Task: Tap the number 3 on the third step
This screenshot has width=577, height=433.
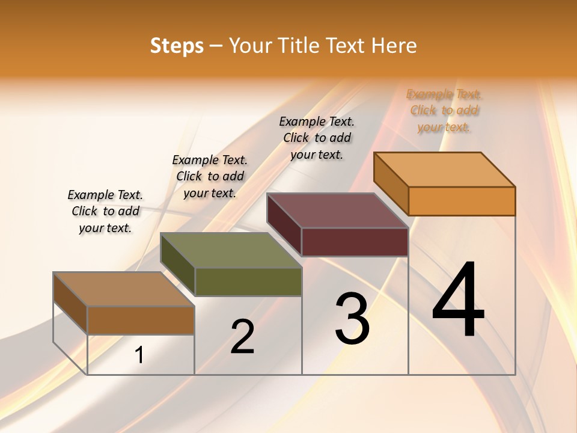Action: click(x=352, y=319)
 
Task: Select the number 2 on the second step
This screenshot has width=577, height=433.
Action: click(x=242, y=337)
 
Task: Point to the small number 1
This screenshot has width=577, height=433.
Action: click(x=139, y=355)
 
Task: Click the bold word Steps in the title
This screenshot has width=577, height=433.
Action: click(x=177, y=46)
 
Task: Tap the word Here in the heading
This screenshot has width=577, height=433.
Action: click(x=394, y=46)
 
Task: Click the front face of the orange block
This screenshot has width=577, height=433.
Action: click(x=462, y=201)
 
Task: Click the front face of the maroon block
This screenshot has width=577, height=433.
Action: click(x=355, y=242)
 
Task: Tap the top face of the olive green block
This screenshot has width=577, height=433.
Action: click(x=231, y=250)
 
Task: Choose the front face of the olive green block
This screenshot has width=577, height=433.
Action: click(x=248, y=281)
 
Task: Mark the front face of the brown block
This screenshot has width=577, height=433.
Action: click(x=141, y=320)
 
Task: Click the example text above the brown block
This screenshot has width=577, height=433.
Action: click(x=105, y=211)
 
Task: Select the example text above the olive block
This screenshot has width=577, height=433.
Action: click(x=210, y=176)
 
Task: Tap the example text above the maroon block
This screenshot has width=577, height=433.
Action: click(x=317, y=138)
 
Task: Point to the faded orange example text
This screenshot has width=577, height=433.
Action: click(x=444, y=110)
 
